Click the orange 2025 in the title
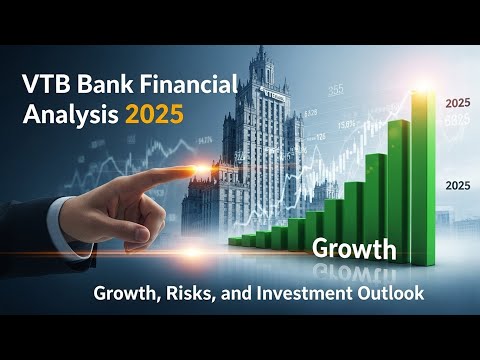[154, 115]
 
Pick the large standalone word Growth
[355, 248]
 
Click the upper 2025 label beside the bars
[455, 103]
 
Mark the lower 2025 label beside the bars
[455, 185]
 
